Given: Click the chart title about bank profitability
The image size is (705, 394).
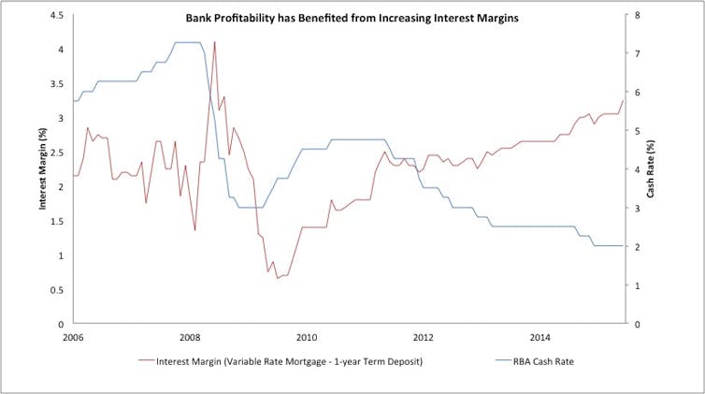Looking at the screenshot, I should (x=351, y=18).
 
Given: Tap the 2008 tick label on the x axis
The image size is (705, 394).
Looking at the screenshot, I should (x=190, y=336).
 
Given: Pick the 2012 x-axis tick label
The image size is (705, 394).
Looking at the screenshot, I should (x=424, y=336).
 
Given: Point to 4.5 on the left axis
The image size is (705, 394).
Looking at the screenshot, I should (x=58, y=16).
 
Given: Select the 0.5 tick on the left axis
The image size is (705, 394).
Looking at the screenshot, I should (x=58, y=289).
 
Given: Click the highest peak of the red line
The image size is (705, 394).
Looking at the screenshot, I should (x=215, y=42).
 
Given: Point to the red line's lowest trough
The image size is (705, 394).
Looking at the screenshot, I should (x=277, y=278).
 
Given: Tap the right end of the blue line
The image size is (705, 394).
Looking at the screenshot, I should (x=623, y=246).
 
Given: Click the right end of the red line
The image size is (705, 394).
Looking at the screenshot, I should (x=623, y=101).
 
